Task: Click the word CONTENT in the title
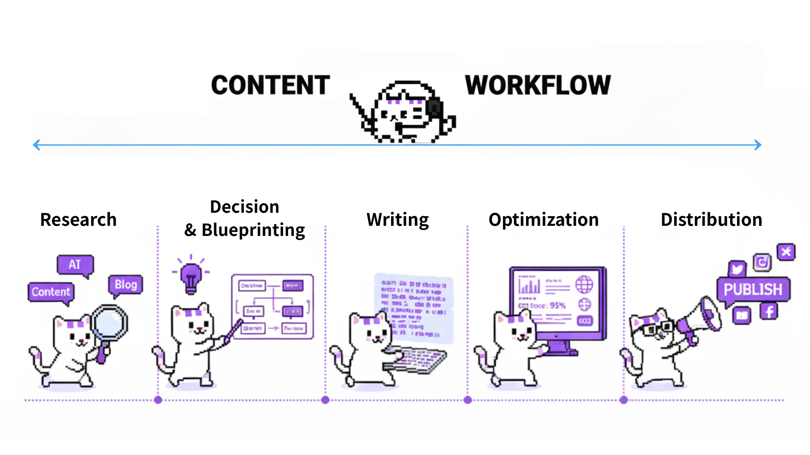pos(270,85)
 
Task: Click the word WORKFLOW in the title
pos(538,85)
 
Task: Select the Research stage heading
pos(78,220)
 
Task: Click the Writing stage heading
pos(397,220)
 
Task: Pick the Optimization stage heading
pos(543,220)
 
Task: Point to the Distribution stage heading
pos(711,220)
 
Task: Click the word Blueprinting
pos(253,230)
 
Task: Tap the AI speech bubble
pos(75,265)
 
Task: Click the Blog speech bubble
pos(126,285)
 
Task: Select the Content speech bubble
pos(51,292)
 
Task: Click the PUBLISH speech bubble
pos(753,289)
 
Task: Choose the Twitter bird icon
pos(737,269)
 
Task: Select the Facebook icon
pos(769,312)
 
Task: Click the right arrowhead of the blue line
pos(758,145)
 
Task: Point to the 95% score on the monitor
pos(558,305)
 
